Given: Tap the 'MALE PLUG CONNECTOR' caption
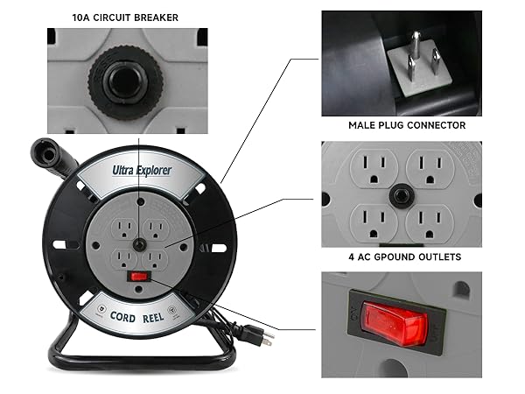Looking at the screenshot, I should [x=406, y=126].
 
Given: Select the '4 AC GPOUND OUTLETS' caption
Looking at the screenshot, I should [x=406, y=257].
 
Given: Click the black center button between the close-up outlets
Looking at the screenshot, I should [x=403, y=194].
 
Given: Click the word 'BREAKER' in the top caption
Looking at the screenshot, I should [x=165, y=16].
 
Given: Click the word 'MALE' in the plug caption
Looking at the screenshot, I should [x=365, y=126].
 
